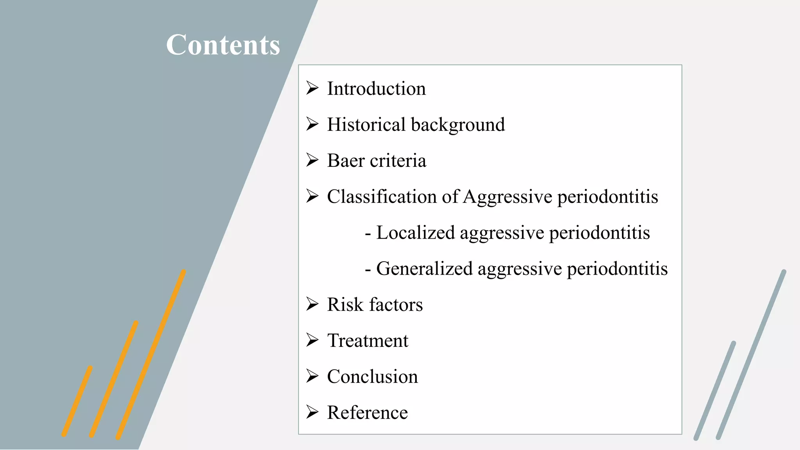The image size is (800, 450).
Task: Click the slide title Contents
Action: click(223, 45)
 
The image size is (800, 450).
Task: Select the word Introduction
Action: click(376, 89)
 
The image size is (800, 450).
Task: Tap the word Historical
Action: click(366, 125)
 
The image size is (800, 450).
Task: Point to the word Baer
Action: click(346, 161)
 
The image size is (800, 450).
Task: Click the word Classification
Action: click(382, 196)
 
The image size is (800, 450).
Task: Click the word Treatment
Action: click(368, 341)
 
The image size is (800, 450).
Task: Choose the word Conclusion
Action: click(372, 377)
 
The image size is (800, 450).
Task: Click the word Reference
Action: click(367, 412)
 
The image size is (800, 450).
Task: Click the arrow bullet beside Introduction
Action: click(312, 88)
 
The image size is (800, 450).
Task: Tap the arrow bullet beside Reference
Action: click(312, 412)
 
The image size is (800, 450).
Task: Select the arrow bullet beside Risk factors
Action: click(312, 304)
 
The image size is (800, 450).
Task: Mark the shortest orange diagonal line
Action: click(77, 401)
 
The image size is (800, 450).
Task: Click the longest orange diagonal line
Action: click(151, 354)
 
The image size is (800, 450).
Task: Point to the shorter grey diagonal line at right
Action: click(715, 391)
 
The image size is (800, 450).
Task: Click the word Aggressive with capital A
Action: click(507, 197)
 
